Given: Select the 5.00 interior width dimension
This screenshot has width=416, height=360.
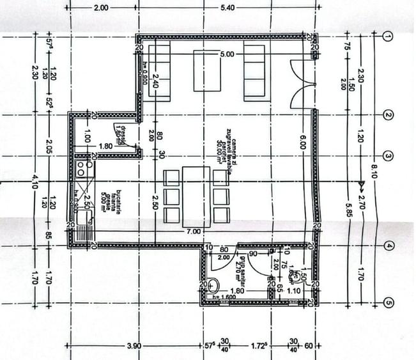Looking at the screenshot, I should (x=226, y=55).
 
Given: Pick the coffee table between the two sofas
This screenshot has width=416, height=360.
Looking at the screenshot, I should (x=207, y=71).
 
